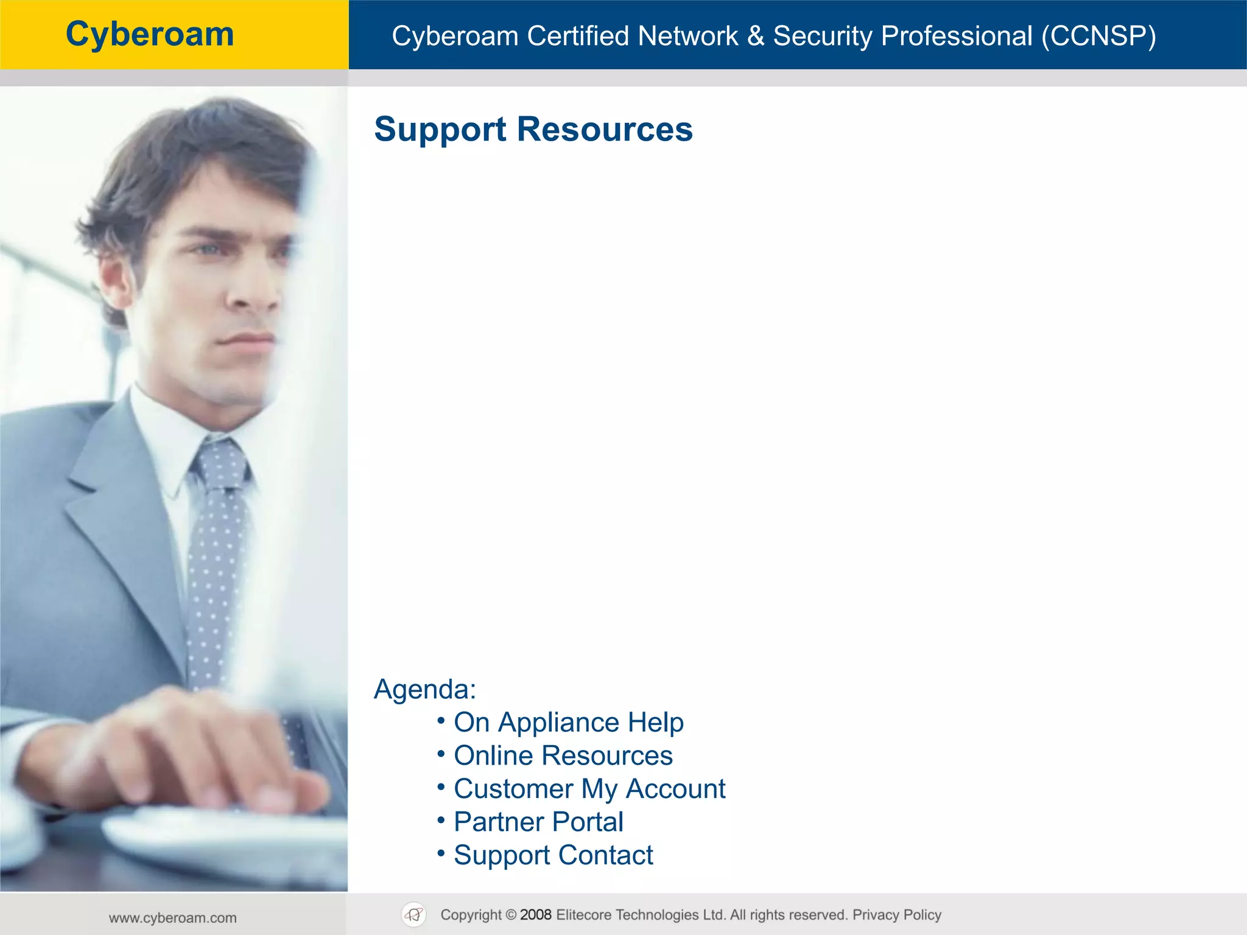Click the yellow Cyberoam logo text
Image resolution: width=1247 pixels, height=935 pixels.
tap(150, 34)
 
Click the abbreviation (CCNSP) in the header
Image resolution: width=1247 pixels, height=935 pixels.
tap(1098, 36)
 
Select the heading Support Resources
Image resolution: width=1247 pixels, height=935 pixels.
tap(533, 129)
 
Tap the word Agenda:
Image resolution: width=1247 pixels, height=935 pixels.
tap(425, 690)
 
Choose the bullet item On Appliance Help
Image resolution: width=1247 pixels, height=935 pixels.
tap(569, 723)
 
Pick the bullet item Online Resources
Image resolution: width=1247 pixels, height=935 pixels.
tap(563, 755)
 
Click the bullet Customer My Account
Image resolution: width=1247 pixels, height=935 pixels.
tap(589, 789)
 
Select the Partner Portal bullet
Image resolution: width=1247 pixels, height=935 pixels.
tap(539, 822)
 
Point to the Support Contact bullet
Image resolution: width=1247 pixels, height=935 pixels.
tap(553, 855)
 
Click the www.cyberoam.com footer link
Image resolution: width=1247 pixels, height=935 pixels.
tap(173, 918)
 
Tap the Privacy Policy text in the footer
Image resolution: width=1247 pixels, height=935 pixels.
tap(897, 915)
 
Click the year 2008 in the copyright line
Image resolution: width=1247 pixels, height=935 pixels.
tap(536, 915)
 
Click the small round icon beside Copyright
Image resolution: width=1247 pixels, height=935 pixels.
tap(414, 914)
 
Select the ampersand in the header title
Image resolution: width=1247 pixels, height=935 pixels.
tap(755, 36)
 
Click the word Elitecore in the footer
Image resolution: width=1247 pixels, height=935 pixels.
tap(584, 915)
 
